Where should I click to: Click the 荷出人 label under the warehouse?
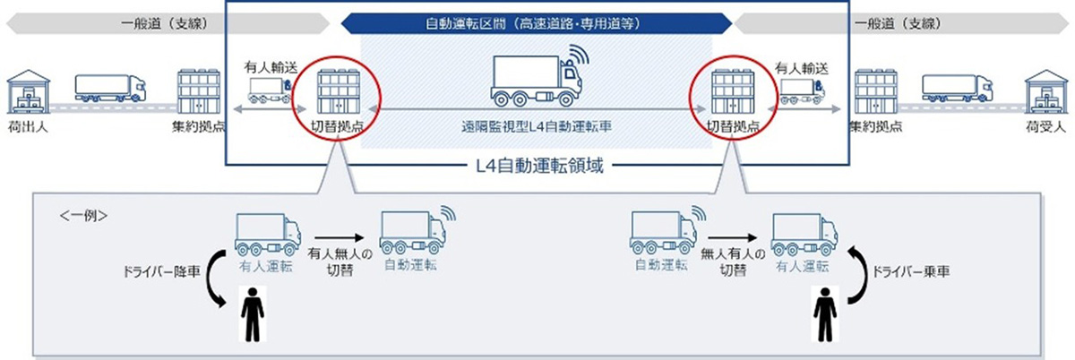[24, 127]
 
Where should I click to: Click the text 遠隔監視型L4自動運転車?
[537, 127]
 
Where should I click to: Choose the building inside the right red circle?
[727, 86]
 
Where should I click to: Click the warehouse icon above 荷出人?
[24, 88]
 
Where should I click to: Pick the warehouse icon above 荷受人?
[1045, 88]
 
